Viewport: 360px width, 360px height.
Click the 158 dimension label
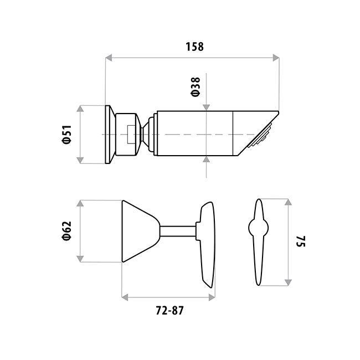point(194,47)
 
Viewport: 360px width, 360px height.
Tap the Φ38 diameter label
point(196,87)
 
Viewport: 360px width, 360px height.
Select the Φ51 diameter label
point(67,135)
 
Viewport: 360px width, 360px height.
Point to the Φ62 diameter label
point(67,231)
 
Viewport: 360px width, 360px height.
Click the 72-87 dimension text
point(169,311)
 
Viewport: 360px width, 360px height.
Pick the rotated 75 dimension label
point(301,241)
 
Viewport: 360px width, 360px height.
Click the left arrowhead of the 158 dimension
point(109,58)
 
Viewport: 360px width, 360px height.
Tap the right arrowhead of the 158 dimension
point(276,58)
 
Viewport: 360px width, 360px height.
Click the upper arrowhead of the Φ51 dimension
point(80,109)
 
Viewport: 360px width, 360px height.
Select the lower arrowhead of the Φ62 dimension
point(80,259)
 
